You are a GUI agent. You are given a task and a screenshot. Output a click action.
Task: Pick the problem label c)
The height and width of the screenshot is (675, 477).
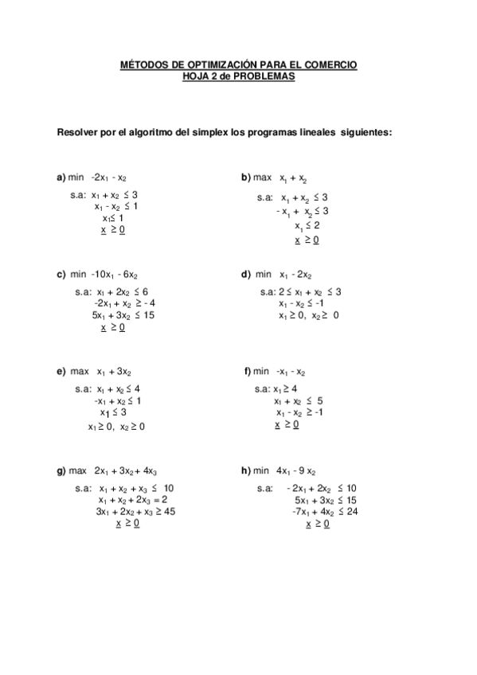tap(61, 275)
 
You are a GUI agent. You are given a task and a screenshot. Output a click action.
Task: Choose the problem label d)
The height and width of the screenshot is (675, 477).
tap(246, 275)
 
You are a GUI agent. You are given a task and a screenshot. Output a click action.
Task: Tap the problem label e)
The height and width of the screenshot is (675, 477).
tap(61, 372)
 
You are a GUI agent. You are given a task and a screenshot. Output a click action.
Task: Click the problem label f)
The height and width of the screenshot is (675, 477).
tap(248, 372)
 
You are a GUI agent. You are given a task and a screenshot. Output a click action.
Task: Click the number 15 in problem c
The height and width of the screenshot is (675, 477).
tap(148, 315)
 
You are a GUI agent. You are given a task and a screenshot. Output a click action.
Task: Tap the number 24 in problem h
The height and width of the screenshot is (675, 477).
tap(352, 512)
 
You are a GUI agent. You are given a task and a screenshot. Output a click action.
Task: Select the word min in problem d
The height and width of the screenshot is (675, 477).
tap(264, 275)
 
